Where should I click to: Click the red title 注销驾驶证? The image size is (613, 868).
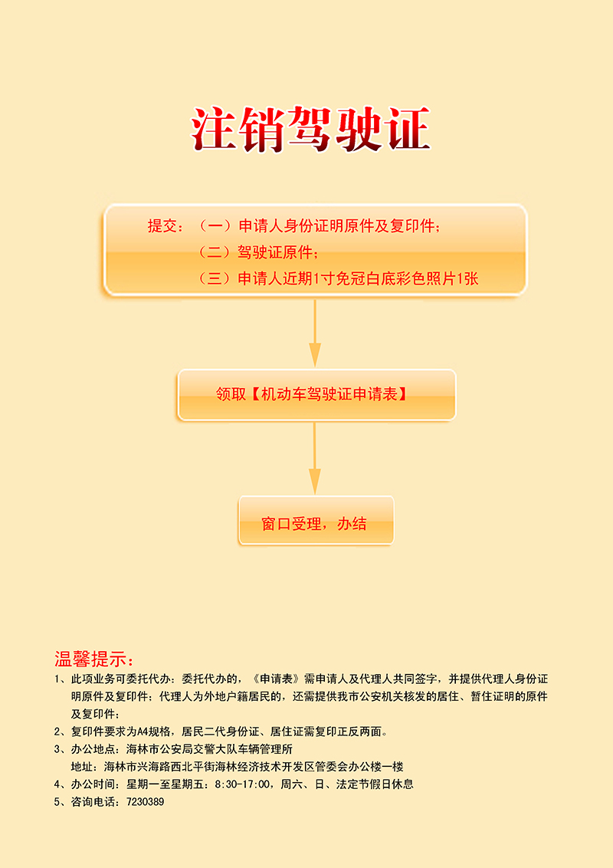coord(310,129)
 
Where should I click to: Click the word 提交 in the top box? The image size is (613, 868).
coord(162,226)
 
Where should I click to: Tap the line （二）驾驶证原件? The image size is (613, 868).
coord(257,252)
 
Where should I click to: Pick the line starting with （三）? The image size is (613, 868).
coord(337,278)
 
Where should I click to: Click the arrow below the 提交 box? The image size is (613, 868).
coord(315,333)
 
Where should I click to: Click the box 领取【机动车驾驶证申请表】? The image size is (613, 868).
coord(316,395)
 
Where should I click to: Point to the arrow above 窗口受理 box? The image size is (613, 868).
coord(315,459)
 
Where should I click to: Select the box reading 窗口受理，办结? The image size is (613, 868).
coord(316,521)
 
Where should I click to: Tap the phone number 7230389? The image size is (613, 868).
coord(146,801)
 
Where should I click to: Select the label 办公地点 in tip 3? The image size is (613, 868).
coord(93,749)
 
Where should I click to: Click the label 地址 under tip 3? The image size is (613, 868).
coord(82,767)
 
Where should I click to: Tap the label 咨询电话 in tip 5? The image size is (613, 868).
coord(93,801)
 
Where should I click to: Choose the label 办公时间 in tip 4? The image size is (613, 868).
coord(93,784)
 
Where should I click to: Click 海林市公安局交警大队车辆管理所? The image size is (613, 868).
coord(210,749)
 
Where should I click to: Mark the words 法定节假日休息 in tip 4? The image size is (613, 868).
coord(375,784)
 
